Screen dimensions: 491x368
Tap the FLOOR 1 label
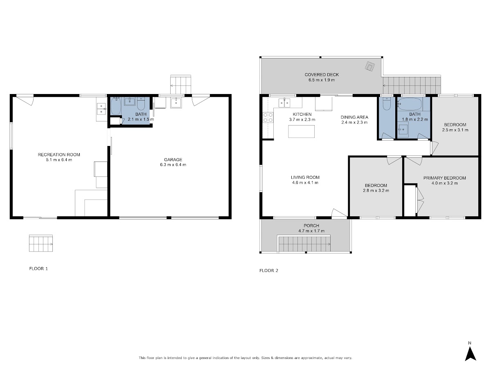38,269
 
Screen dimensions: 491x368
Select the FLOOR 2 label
269,271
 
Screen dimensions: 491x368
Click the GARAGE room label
173,159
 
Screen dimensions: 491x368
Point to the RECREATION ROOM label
59,155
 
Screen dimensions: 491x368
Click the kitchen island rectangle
301,131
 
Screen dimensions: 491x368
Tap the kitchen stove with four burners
268,117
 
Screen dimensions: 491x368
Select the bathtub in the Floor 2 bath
410,104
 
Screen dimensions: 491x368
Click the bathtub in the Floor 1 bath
116,106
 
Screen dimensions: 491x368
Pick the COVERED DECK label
322,75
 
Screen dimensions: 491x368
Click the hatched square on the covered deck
370,66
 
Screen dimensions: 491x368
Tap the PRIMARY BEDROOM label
445,178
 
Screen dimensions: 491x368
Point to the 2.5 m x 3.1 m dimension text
455,130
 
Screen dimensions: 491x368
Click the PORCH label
311,226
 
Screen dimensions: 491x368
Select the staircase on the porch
304,244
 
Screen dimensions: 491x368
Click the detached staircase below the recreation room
41,243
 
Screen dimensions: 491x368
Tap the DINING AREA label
354,117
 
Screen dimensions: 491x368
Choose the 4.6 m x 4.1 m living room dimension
305,182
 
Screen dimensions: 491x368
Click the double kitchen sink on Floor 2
284,103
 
